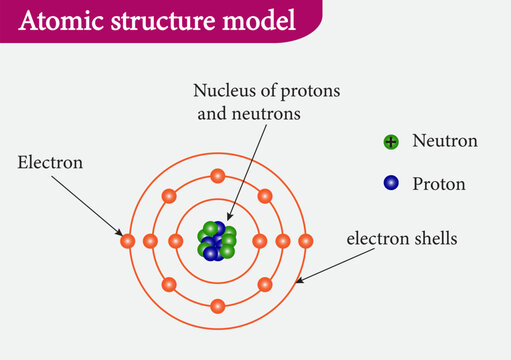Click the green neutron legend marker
click(391, 142)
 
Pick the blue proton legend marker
click(391, 183)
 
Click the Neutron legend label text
click(444, 141)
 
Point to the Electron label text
click(50, 160)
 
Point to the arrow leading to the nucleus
click(248, 170)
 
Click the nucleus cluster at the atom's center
click(216, 241)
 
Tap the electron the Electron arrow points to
click(127, 241)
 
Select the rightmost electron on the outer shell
click(306, 241)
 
